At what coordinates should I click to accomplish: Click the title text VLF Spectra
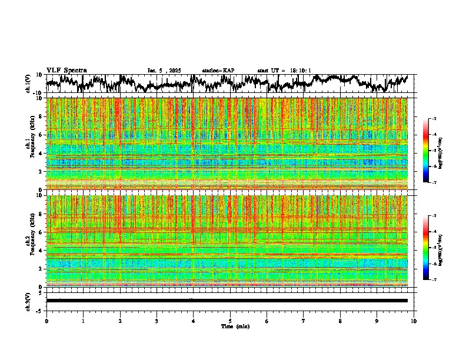[x=66, y=70]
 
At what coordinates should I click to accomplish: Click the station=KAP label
[x=218, y=71]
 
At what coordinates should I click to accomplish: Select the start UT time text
[x=284, y=71]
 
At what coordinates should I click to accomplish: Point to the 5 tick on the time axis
[x=230, y=321]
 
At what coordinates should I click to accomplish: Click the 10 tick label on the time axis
[x=414, y=321]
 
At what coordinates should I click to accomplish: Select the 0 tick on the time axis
[x=46, y=321]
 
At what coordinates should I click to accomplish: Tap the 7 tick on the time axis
[x=304, y=321]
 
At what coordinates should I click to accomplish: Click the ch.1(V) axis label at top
[x=28, y=84]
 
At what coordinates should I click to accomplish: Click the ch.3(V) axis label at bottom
[x=28, y=301]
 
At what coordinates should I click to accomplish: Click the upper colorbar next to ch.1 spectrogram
[x=432, y=151]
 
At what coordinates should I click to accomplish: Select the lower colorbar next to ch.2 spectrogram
[x=432, y=248]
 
